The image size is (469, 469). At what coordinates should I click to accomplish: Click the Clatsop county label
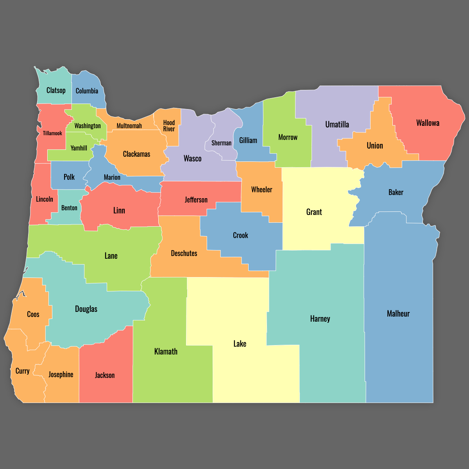56,90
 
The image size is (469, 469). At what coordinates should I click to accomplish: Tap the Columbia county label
87,91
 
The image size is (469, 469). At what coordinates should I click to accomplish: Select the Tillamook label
52,133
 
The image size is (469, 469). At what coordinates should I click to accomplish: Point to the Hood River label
169,126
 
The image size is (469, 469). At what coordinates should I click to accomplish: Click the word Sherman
221,143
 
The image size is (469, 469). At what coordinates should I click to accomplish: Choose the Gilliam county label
248,140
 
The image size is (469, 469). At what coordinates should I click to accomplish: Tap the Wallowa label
428,123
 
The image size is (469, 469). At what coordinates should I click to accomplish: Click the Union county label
375,146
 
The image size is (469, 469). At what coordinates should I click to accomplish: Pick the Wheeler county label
261,190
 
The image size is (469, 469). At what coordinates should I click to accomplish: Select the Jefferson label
196,200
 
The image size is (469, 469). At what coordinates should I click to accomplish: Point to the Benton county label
69,208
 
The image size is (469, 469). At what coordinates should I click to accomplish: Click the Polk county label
69,177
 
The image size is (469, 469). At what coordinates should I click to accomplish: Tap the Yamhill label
79,148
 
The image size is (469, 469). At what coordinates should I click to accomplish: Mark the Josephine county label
61,374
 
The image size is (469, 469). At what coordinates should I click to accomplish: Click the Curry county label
22,371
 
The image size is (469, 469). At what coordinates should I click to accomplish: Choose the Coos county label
33,314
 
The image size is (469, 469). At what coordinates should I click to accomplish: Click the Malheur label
398,313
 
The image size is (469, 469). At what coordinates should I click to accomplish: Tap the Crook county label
240,235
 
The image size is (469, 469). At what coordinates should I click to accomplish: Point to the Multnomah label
129,126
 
